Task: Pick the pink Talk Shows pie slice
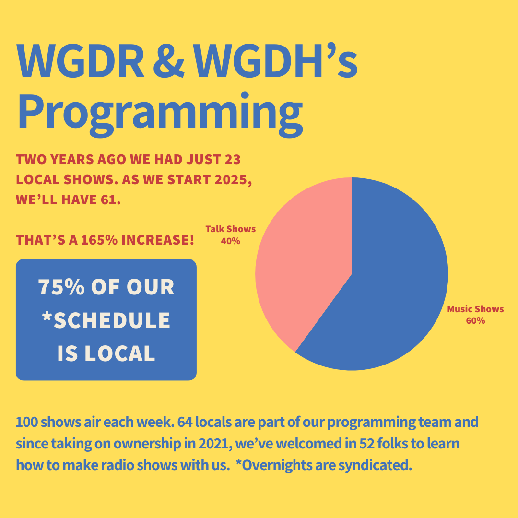[x=302, y=264]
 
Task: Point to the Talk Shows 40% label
[x=231, y=235]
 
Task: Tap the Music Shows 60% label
[x=475, y=315]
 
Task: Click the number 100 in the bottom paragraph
[x=27, y=423]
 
